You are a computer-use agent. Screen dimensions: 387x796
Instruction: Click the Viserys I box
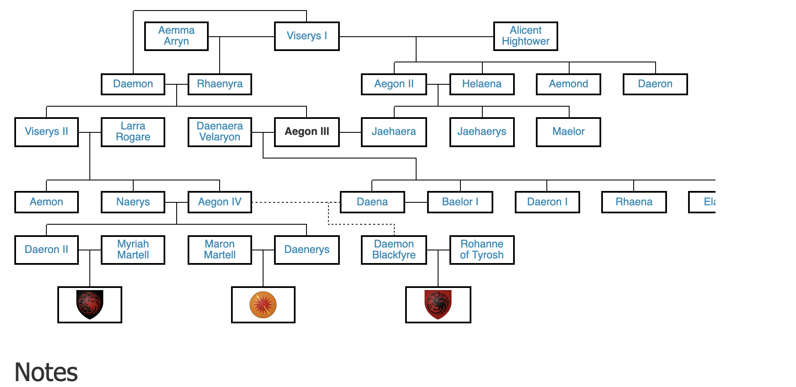click(307, 36)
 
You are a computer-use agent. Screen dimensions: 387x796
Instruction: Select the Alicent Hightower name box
click(525, 36)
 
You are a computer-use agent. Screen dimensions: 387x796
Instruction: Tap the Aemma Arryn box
click(176, 36)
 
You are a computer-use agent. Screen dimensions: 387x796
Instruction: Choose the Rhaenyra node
click(220, 84)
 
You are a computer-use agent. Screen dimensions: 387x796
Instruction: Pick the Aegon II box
click(394, 84)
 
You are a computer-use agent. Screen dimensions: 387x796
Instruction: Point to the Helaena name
click(482, 84)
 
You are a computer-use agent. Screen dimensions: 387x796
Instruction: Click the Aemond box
click(568, 84)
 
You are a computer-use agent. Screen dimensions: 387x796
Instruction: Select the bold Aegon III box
click(307, 132)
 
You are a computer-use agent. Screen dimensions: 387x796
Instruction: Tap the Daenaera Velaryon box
click(220, 132)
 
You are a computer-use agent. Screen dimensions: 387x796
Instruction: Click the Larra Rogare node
click(133, 132)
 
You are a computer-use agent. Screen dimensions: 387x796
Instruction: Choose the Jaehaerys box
click(482, 132)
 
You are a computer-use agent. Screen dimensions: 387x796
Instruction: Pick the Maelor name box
click(568, 132)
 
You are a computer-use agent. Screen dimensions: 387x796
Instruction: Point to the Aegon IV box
click(220, 202)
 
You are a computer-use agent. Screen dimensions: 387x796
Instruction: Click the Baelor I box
click(460, 202)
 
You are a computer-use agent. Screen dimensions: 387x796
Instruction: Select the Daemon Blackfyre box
click(394, 250)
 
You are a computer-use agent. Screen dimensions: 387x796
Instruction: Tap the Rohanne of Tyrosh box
click(482, 250)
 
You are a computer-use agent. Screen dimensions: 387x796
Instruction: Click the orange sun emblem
click(263, 304)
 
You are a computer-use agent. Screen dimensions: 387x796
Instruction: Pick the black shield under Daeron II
click(90, 304)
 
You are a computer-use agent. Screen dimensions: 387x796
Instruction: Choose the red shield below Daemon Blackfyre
click(438, 304)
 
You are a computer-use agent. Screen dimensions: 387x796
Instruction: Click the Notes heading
click(46, 372)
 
